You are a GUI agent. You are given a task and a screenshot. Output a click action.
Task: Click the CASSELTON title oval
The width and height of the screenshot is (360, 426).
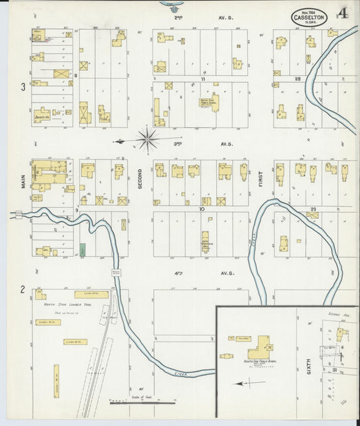pos(310,17)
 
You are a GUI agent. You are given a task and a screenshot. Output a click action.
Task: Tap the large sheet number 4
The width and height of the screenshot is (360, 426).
pos(344,14)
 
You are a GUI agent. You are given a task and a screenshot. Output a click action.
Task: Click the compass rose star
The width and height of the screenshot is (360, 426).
pos(147,140)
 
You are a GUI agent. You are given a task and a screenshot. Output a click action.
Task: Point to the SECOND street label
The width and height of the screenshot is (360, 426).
pos(140,177)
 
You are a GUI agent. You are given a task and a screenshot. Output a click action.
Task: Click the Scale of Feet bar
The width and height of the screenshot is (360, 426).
pos(143,403)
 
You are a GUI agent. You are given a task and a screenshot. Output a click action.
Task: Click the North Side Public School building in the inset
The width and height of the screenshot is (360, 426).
pos(257,350)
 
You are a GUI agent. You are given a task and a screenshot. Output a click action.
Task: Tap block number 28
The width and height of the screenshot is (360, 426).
pos(297,79)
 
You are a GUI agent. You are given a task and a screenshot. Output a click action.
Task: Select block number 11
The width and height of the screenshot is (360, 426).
pos(202,79)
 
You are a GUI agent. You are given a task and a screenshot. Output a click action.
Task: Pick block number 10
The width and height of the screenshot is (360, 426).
pos(201,209)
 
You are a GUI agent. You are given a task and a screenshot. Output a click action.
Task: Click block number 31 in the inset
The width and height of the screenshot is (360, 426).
pos(334,371)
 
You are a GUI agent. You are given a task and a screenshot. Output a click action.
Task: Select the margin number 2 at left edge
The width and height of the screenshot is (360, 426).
pos(22,289)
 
